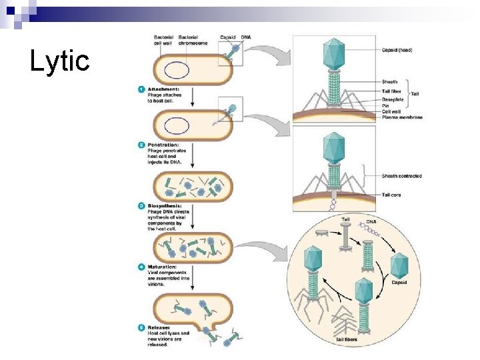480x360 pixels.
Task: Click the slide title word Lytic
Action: pyautogui.click(x=59, y=61)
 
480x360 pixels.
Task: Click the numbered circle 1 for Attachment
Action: pyautogui.click(x=141, y=89)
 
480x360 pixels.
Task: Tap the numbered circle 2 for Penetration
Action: pyautogui.click(x=141, y=145)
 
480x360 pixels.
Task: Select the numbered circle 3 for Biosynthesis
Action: pyautogui.click(x=141, y=206)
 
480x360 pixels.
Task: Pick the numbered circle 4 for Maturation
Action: pyautogui.click(x=141, y=267)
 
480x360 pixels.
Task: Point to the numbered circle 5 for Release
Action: pyautogui.click(x=141, y=327)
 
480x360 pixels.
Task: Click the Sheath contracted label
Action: pyautogui.click(x=401, y=176)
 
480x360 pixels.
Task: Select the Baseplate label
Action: pyautogui.click(x=394, y=99)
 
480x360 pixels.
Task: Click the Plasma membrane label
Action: pyautogui.click(x=402, y=117)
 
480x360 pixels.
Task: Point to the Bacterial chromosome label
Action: pyautogui.click(x=193, y=39)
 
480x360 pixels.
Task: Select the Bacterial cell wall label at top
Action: pyautogui.click(x=164, y=39)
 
